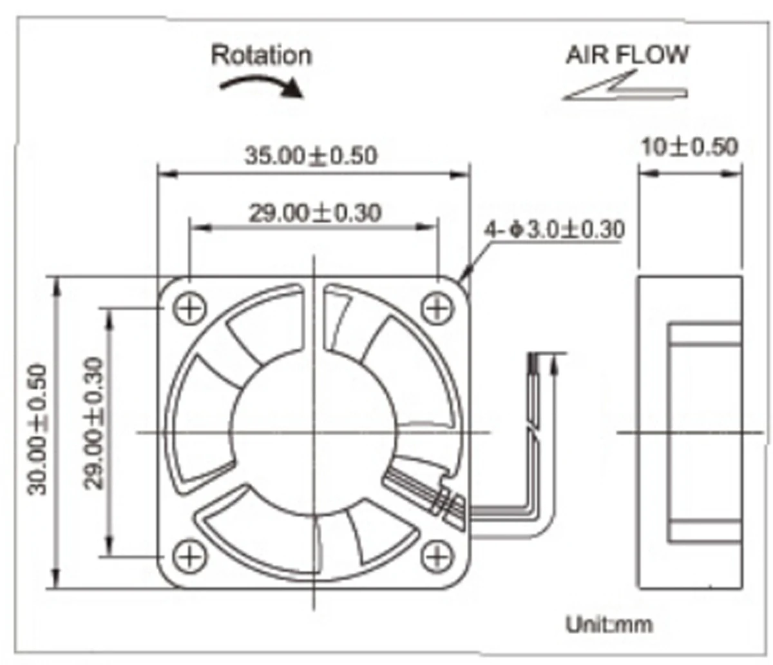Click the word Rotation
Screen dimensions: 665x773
pyautogui.click(x=261, y=55)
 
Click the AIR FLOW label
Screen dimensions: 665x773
pyautogui.click(x=627, y=55)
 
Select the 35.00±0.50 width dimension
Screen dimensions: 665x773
pyautogui.click(x=310, y=155)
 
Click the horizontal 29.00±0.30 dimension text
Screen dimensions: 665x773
pyautogui.click(x=314, y=212)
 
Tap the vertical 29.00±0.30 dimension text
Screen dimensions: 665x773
pyautogui.click(x=94, y=423)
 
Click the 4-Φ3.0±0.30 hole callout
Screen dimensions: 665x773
pyautogui.click(x=555, y=229)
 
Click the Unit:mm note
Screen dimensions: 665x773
pyautogui.click(x=609, y=624)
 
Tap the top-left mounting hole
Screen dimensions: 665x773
pyautogui.click(x=189, y=308)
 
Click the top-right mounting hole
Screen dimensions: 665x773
pyautogui.click(x=437, y=308)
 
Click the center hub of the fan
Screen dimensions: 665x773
pyautogui.click(x=314, y=431)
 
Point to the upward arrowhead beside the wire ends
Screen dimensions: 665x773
pyautogui.click(x=553, y=367)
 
